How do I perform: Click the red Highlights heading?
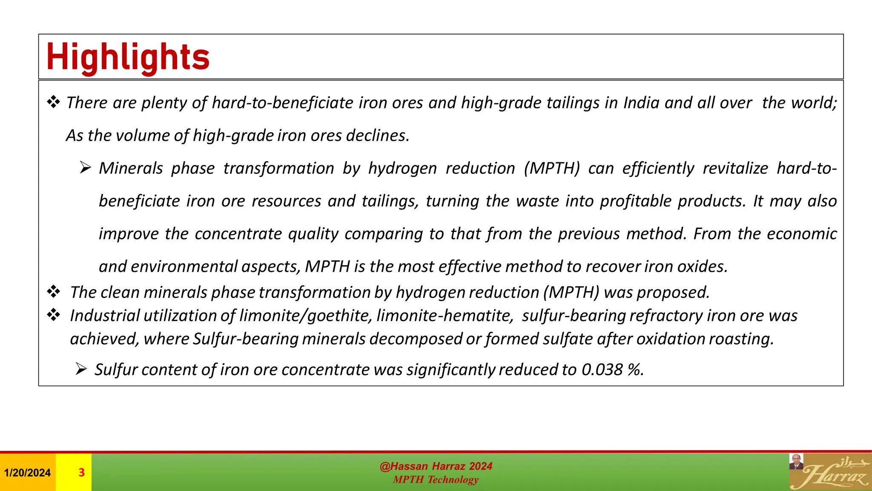(x=128, y=58)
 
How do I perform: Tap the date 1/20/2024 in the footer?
(x=27, y=473)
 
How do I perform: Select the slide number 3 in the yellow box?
(x=81, y=472)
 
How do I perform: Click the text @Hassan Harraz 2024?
(x=436, y=466)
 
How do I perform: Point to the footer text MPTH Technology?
(x=436, y=479)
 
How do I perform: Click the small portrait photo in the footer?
(x=796, y=462)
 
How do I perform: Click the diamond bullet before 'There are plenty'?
(x=54, y=102)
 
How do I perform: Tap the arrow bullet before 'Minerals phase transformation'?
(x=85, y=168)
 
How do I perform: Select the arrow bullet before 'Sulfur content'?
(x=81, y=369)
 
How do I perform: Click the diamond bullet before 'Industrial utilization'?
(x=54, y=315)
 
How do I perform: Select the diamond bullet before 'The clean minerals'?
(x=54, y=292)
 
